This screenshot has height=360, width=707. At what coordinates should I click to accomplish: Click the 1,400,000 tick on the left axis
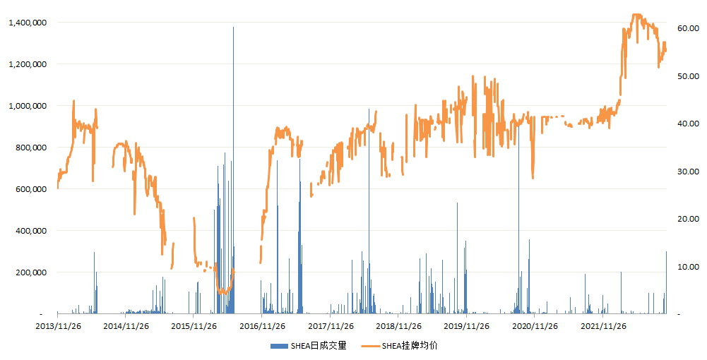point(28,23)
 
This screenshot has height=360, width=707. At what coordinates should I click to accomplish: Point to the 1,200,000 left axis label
point(28,64)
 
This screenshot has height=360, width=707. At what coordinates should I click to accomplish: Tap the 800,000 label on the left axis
point(30,148)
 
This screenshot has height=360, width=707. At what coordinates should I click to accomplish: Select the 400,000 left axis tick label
point(30,231)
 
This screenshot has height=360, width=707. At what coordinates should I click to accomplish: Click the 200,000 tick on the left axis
point(30,272)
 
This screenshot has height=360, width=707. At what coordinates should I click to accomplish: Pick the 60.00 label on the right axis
point(688,28)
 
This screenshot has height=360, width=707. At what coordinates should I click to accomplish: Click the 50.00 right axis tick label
point(688,76)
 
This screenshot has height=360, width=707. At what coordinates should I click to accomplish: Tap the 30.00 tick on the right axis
point(688,172)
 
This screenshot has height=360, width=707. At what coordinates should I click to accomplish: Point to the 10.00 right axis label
point(688,267)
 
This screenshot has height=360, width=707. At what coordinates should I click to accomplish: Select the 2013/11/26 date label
point(58,326)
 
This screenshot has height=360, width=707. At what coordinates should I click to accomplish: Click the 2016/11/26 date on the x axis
point(262,326)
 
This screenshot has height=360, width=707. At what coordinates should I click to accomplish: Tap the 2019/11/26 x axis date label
point(466,326)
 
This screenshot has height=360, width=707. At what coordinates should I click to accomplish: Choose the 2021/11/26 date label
point(603,326)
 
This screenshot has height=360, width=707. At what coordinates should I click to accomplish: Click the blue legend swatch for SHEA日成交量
point(279,346)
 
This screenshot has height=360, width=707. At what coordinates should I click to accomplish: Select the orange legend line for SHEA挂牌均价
point(370,346)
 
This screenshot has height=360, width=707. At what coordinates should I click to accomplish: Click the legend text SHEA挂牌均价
point(410,346)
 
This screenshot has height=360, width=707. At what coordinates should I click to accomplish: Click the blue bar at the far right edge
point(667,282)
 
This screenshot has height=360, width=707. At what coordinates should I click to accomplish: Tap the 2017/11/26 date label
point(331,326)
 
